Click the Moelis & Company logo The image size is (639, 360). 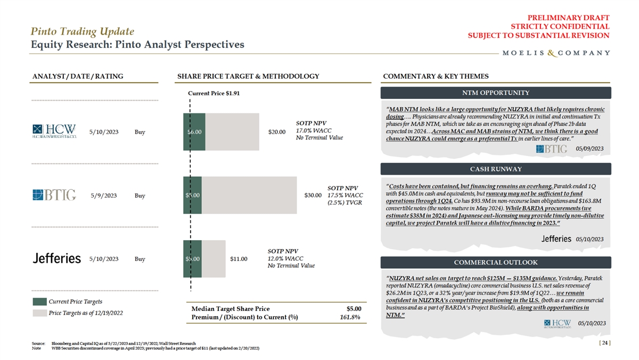(x=556, y=53)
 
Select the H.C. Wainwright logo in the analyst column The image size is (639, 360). (x=54, y=132)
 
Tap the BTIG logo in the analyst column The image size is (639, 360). (x=54, y=195)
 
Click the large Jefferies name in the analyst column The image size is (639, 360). (x=56, y=259)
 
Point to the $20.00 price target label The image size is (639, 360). (x=277, y=132)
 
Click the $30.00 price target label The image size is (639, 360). (x=313, y=195)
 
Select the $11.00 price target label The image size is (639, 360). (x=239, y=259)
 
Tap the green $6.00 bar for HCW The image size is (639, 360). (x=194, y=132)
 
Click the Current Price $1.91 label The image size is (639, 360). (x=214, y=93)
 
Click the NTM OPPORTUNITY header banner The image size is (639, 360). (x=496, y=93)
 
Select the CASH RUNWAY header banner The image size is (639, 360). (x=496, y=169)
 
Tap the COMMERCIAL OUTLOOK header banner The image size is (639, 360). (x=496, y=262)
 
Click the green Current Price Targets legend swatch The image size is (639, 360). (x=39, y=302)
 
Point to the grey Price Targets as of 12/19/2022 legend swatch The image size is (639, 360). (x=39, y=313)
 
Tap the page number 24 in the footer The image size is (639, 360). (x=604, y=343)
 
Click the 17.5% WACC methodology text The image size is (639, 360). (x=345, y=195)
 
